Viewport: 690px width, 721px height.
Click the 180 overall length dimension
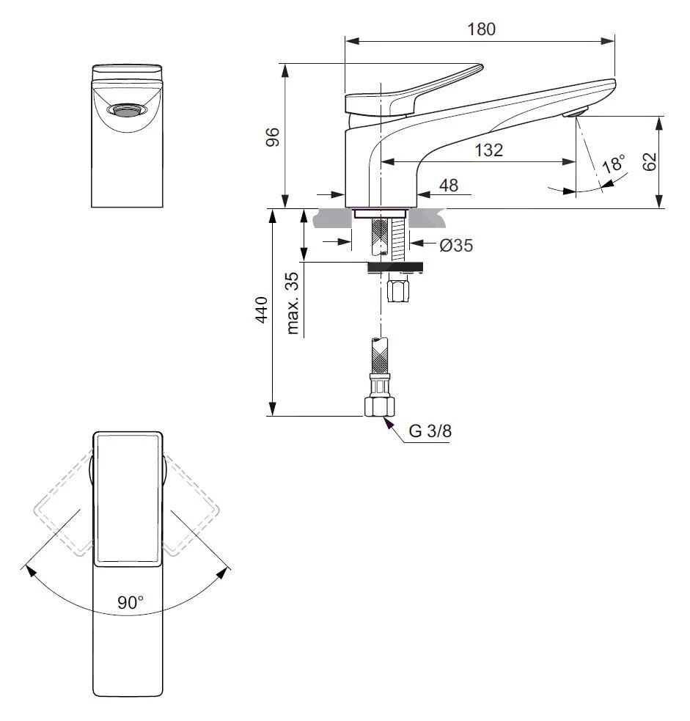pos(481,29)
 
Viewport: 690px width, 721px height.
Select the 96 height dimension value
pos(272,136)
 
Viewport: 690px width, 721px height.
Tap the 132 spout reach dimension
pos(488,150)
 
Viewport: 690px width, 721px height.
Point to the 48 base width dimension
pos(448,185)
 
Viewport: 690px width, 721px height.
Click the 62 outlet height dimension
pos(649,161)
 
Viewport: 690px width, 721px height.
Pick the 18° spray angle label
pos(613,164)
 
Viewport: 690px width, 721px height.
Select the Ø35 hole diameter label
pos(456,246)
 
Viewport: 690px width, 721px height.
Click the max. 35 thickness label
pos(294,304)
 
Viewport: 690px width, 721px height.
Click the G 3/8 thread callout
pos(430,431)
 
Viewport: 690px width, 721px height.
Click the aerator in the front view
pos(127,111)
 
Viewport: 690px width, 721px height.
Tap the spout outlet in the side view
pos(575,112)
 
